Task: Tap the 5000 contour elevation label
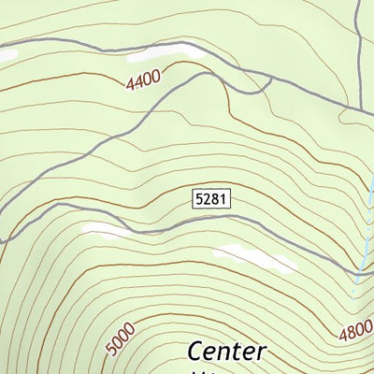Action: point(121,339)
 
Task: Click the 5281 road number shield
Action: point(211,198)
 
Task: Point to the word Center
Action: point(227,352)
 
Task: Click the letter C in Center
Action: point(196,352)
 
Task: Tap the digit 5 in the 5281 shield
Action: point(200,198)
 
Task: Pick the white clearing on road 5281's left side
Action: point(106,229)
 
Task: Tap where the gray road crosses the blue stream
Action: point(359,274)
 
